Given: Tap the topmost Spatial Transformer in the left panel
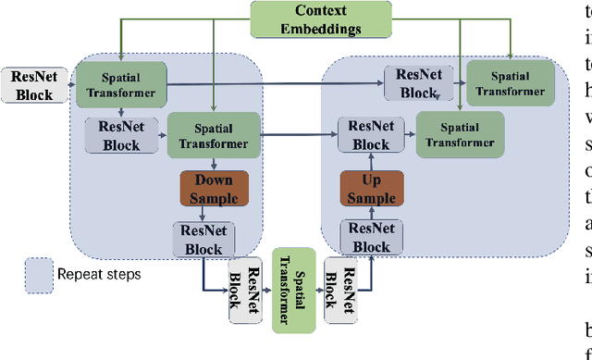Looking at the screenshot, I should point(120,84).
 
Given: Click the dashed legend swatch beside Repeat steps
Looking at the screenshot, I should point(39,275).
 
